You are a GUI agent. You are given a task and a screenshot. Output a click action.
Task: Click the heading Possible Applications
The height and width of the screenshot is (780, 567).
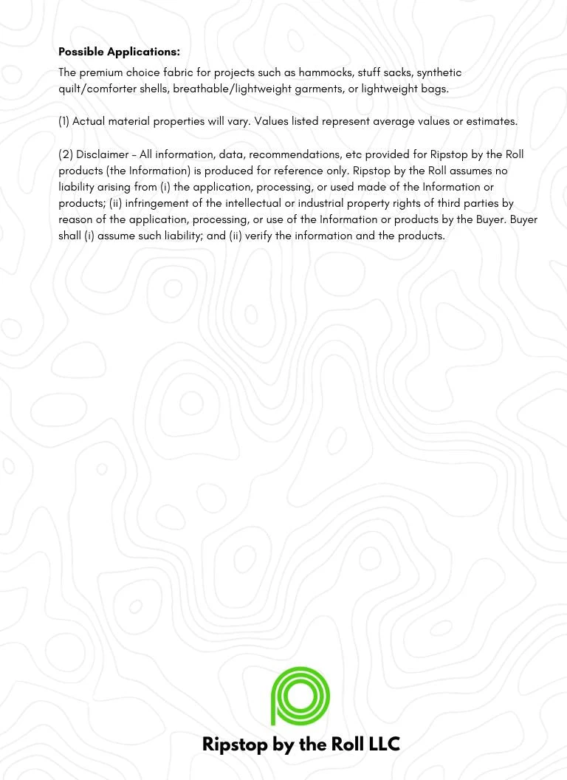pyautogui.click(x=119, y=52)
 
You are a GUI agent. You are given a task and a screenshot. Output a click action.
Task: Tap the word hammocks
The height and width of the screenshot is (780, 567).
pyautogui.click(x=326, y=72)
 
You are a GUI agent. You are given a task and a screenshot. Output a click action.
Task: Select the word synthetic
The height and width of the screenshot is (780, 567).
pyautogui.click(x=439, y=72)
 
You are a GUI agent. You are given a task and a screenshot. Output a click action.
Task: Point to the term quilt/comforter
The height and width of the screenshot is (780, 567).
pyautogui.click(x=97, y=89)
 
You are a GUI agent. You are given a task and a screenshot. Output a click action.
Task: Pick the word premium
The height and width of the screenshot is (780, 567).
pyautogui.click(x=102, y=72)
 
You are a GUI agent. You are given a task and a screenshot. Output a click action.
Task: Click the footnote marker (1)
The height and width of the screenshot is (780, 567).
pyautogui.click(x=63, y=121)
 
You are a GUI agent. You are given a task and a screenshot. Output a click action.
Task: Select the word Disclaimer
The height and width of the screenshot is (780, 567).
pyautogui.click(x=102, y=154)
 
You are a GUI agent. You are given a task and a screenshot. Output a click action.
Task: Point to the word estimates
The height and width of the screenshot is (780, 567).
pyautogui.click(x=491, y=121)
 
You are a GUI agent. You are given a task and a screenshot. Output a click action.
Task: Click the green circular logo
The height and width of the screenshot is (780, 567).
pyautogui.click(x=300, y=696)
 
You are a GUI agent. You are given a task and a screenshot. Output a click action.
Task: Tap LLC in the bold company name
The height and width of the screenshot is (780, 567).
pyautogui.click(x=382, y=744)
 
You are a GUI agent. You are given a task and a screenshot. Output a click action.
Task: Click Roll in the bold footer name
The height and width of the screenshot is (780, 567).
pyautogui.click(x=346, y=744)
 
